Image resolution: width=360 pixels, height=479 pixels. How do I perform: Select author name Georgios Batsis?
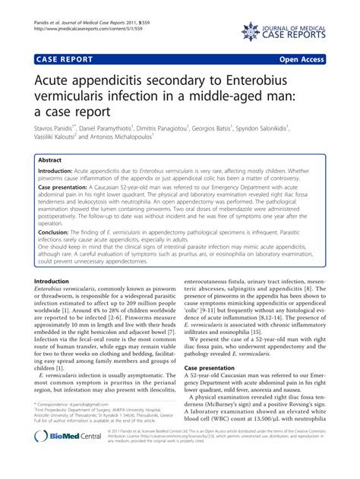click(x=210, y=129)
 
